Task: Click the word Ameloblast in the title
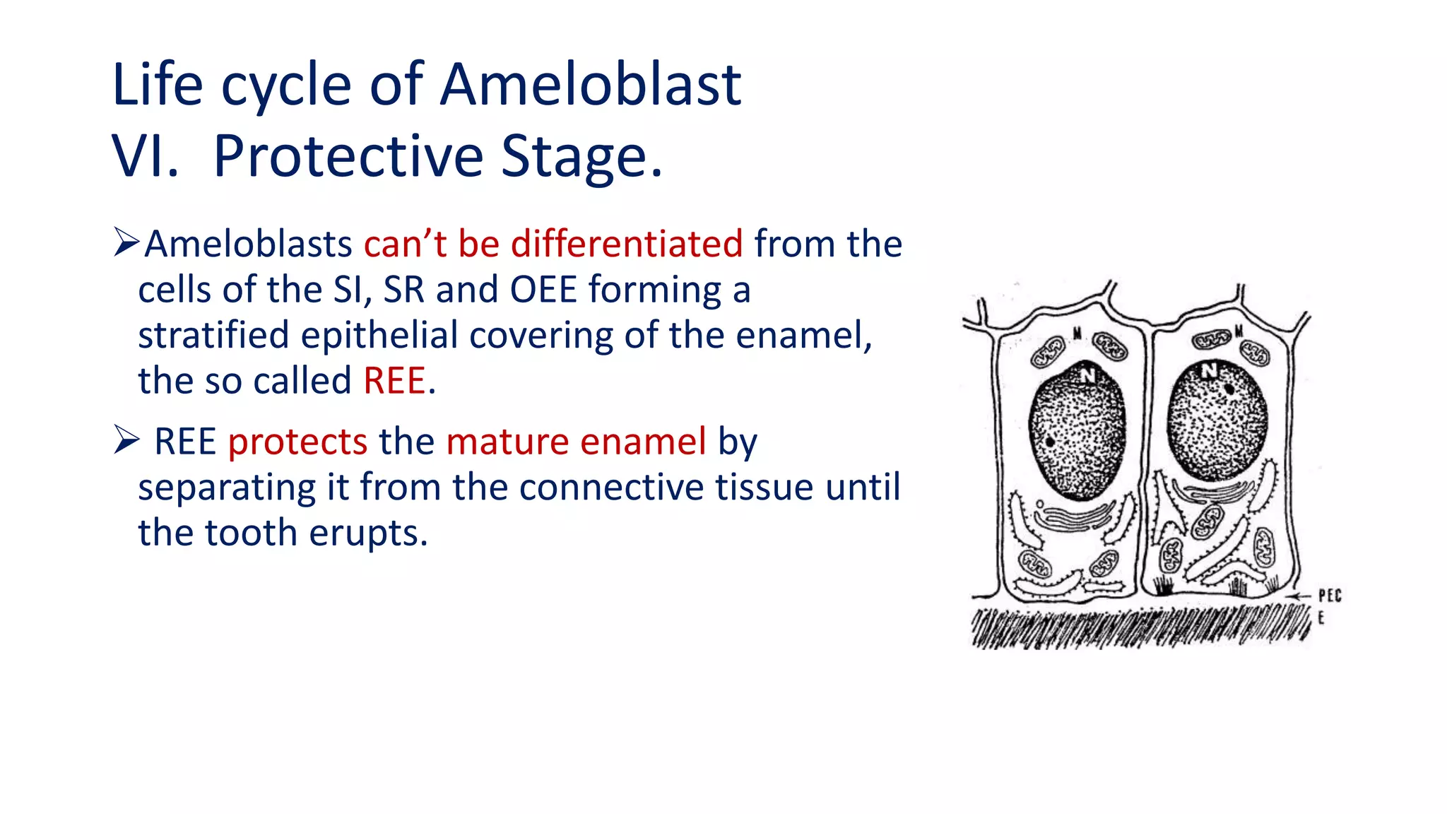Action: [591, 85]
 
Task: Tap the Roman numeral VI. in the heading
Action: [145, 156]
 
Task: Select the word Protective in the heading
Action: [348, 156]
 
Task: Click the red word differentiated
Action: [626, 244]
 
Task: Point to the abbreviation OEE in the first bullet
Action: [543, 290]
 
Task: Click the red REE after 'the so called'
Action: [394, 381]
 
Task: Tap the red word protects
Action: [297, 442]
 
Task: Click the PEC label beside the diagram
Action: [1329, 596]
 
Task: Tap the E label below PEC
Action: [1321, 618]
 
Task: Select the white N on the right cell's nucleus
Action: [1210, 370]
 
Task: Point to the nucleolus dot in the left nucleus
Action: [1051, 442]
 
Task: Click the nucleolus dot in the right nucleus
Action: [1230, 389]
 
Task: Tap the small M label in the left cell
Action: [1077, 333]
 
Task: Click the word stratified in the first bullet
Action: [213, 335]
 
